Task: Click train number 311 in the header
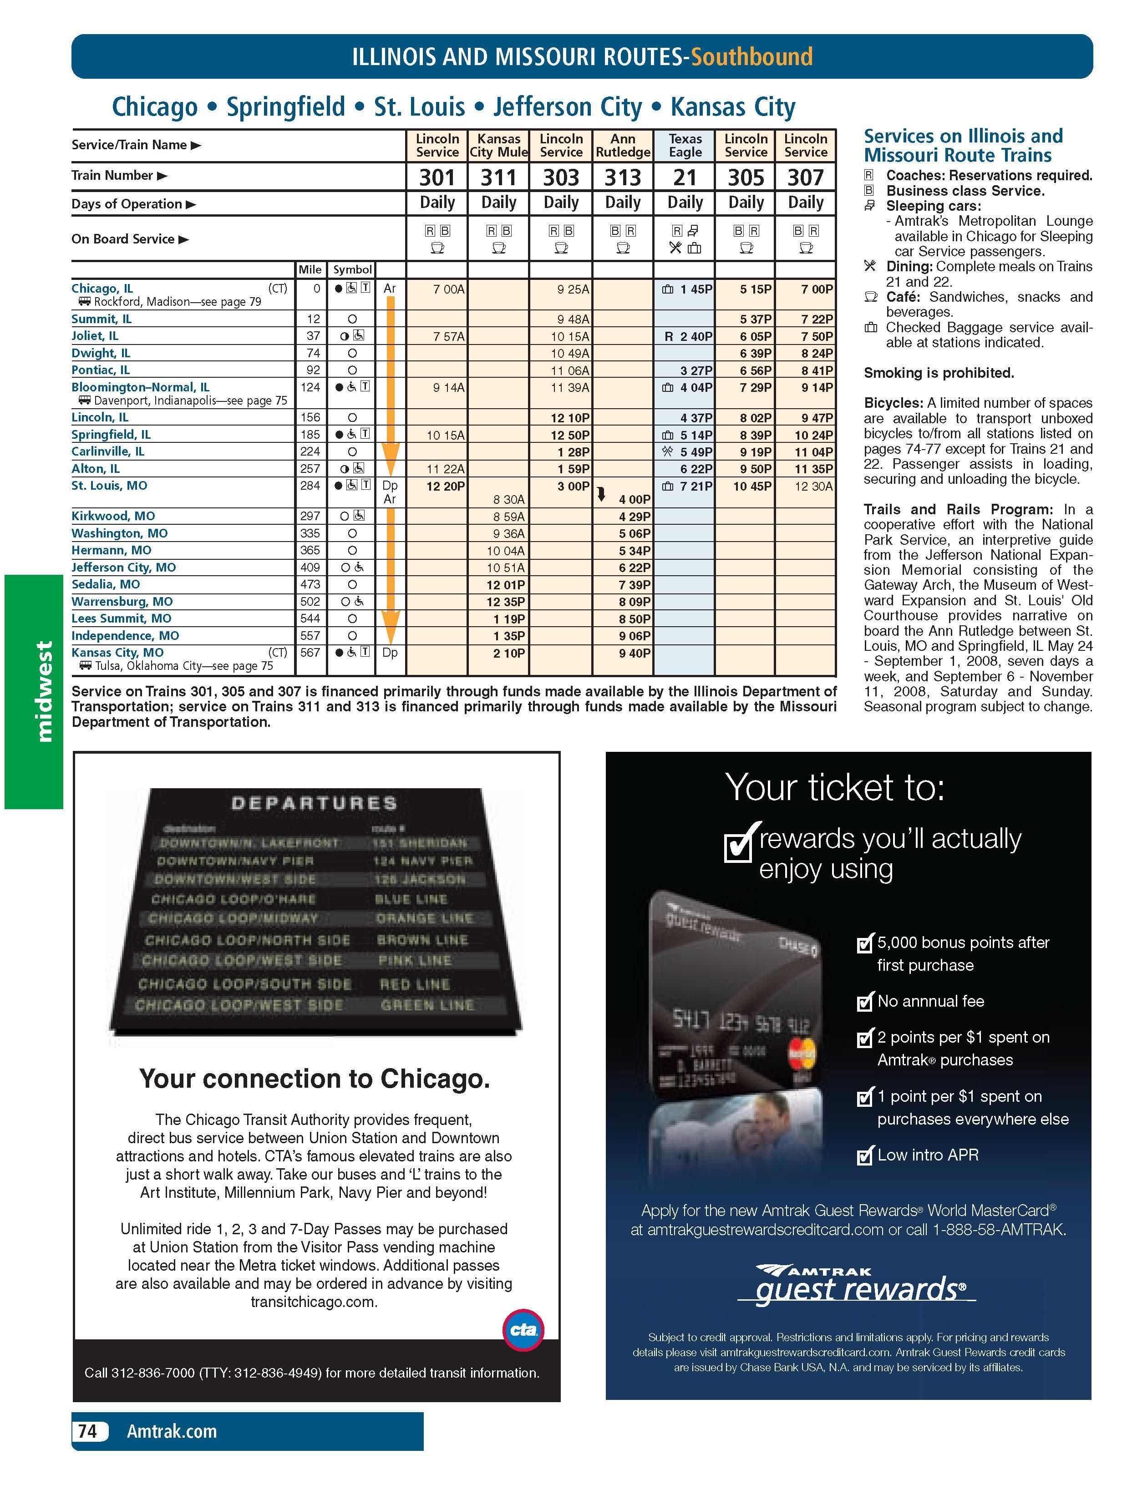pyautogui.click(x=498, y=177)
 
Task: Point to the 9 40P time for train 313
pyautogui.click(x=634, y=653)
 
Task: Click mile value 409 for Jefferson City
pyautogui.click(x=310, y=567)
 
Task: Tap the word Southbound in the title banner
pyautogui.click(x=751, y=56)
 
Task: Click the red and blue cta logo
pyautogui.click(x=523, y=1328)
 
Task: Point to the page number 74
pyautogui.click(x=88, y=1431)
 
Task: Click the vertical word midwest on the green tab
pyautogui.click(x=44, y=691)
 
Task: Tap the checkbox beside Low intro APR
pyautogui.click(x=864, y=1156)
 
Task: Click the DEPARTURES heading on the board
pyautogui.click(x=314, y=804)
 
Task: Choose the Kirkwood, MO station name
pyautogui.click(x=113, y=516)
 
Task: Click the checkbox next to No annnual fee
pyautogui.click(x=864, y=1002)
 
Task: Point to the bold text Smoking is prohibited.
pyautogui.click(x=939, y=373)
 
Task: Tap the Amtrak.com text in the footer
pyautogui.click(x=172, y=1431)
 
